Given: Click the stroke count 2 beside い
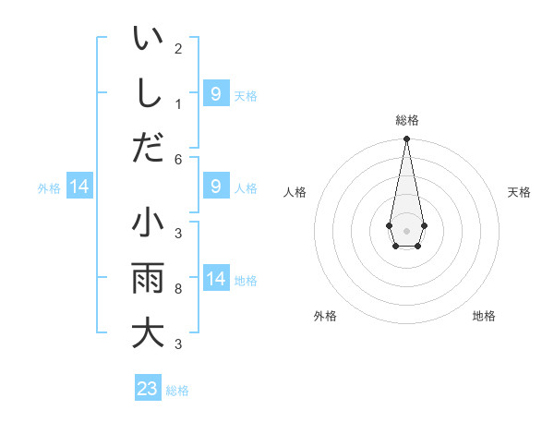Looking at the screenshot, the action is click(178, 48).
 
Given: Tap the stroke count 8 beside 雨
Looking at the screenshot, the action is click(178, 289).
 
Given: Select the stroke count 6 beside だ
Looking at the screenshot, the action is click(178, 158).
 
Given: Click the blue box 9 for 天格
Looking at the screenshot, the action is click(216, 94).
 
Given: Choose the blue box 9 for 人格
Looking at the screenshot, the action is click(216, 187).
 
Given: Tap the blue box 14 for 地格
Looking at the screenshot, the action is click(216, 279).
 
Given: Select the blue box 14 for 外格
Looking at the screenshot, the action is click(79, 187).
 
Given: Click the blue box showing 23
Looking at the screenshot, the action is click(148, 389).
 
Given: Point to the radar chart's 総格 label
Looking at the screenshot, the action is click(406, 120).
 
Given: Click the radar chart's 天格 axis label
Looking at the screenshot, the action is click(519, 192).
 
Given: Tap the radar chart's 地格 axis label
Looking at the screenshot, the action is click(484, 316).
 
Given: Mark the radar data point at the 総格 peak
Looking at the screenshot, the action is click(406, 139).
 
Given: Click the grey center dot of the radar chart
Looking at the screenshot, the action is click(406, 230).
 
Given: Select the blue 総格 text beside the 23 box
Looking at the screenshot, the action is click(177, 391).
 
